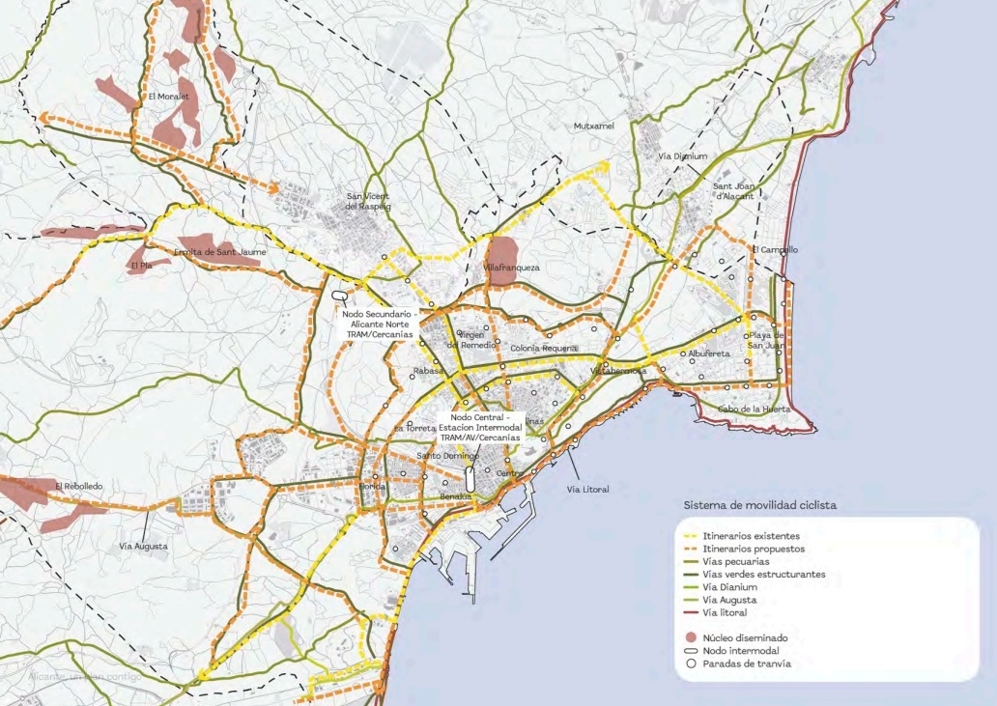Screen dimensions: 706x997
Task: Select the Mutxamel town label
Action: tap(594, 127)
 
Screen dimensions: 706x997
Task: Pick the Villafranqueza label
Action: tap(510, 267)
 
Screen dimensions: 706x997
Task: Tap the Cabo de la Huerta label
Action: tap(754, 409)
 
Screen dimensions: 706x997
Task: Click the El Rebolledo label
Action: tap(78, 486)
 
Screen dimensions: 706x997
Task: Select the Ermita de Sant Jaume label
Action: tap(219, 251)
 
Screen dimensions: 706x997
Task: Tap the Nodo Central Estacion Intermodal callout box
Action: tap(479, 427)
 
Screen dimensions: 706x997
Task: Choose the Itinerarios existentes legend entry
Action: tap(753, 535)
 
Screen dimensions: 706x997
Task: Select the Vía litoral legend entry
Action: tap(726, 612)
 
